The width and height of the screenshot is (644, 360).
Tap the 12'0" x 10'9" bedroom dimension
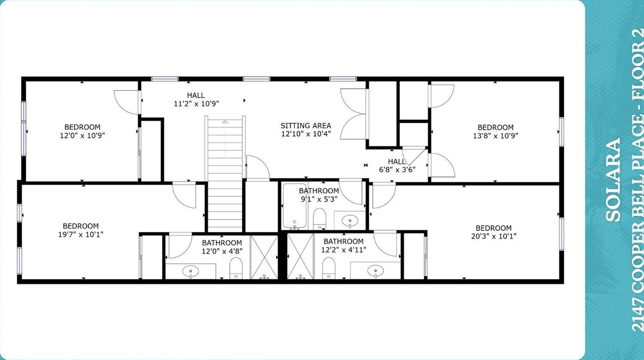82,135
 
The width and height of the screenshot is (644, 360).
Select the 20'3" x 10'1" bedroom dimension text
494,236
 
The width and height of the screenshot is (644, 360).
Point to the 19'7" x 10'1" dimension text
81,234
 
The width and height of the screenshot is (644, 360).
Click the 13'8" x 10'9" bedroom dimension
495,136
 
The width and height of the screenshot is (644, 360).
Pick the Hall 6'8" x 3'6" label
397,166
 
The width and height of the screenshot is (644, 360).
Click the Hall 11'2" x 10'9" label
196,99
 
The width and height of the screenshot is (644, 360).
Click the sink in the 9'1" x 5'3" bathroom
350,221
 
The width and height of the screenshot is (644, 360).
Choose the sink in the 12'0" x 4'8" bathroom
190,271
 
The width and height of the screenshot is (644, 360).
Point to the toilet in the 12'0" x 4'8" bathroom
236,268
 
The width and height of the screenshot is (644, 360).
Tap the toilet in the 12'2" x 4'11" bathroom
328,268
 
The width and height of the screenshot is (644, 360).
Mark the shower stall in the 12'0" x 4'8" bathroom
264,257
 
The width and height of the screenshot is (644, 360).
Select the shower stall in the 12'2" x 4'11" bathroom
301,256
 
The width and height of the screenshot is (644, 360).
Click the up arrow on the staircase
225,122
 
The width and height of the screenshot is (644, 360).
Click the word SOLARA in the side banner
613,180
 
